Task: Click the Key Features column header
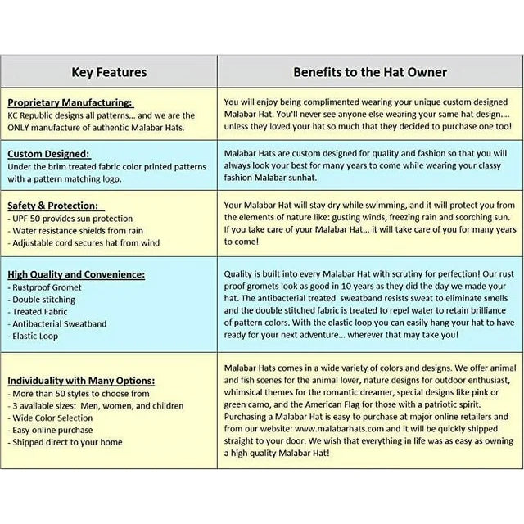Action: (109, 72)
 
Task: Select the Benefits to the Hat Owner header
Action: (370, 72)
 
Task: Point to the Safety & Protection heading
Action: (52, 206)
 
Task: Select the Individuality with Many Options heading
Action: (83, 381)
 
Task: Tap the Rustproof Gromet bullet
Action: (47, 288)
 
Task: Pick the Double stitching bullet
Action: (44, 300)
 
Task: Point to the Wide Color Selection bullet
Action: (53, 418)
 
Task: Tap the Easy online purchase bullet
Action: (54, 430)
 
